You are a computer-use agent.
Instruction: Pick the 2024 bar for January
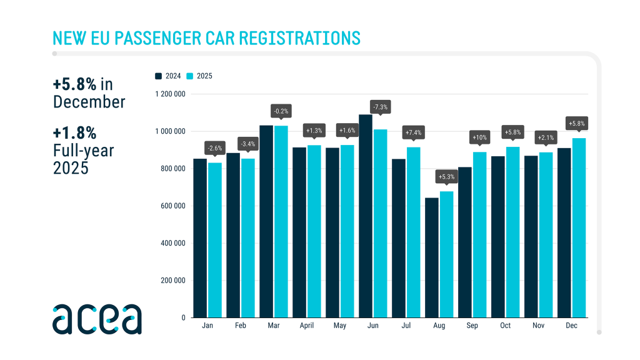pos(200,238)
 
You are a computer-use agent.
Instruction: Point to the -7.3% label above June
pos(379,107)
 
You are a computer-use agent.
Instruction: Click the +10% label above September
pos(480,137)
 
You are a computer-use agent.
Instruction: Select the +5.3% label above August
pos(446,176)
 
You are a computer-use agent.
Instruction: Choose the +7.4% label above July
pos(413,132)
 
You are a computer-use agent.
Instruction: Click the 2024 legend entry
pos(168,76)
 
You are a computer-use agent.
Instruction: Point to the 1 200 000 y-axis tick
pos(170,94)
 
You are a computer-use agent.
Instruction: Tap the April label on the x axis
pos(306,326)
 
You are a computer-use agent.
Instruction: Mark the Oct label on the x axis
pos(506,326)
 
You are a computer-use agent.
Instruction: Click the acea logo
pos(97,319)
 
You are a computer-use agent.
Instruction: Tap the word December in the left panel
pos(89,101)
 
